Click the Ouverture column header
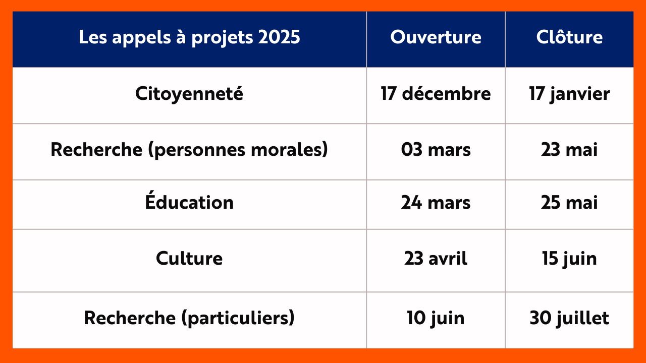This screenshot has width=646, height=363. tap(436, 37)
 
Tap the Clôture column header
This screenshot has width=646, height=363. tap(569, 37)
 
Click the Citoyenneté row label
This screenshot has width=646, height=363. tap(189, 94)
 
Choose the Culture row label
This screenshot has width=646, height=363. tap(189, 258)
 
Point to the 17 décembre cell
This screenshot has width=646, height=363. tap(436, 94)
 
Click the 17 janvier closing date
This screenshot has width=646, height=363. tap(569, 94)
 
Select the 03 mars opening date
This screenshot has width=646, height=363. tap(436, 150)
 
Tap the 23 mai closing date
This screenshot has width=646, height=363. tap(569, 150)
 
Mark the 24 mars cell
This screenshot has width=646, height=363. tap(436, 202)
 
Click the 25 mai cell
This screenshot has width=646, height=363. tap(569, 202)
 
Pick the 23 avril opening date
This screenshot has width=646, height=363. tap(436, 258)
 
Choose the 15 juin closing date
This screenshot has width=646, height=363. tap(569, 259)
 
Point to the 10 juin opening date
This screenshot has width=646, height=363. tap(436, 318)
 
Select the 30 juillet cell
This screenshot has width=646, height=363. tap(569, 318)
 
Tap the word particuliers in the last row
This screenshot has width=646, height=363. tap(238, 318)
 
